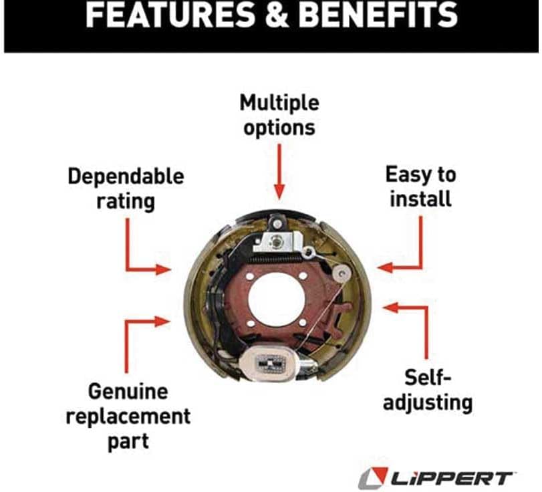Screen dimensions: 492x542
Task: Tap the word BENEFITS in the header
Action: point(380,16)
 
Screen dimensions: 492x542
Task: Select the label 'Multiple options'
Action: point(280,115)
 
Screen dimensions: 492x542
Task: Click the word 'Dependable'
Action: point(126,177)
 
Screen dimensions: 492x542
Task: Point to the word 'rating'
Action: point(126,201)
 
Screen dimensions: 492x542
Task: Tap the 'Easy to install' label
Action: point(420,187)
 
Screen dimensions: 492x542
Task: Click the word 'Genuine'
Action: point(128,390)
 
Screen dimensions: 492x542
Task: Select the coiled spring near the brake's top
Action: point(274,255)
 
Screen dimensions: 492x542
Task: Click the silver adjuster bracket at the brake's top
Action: point(275,237)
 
